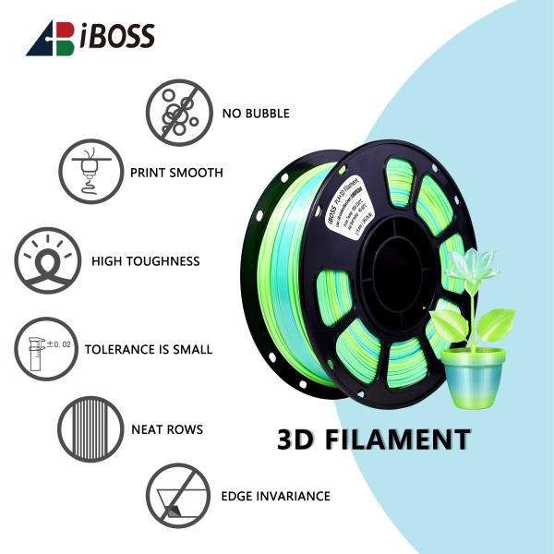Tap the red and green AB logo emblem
pos(50,38)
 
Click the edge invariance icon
pos(178,496)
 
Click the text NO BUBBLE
pos(256,114)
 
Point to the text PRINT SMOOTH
pos(176,173)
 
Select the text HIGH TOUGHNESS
pos(146,261)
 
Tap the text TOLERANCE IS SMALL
pos(149,350)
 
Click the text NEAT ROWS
pos(167,429)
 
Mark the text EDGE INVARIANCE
pos(275,497)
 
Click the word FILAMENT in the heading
pos(400,439)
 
